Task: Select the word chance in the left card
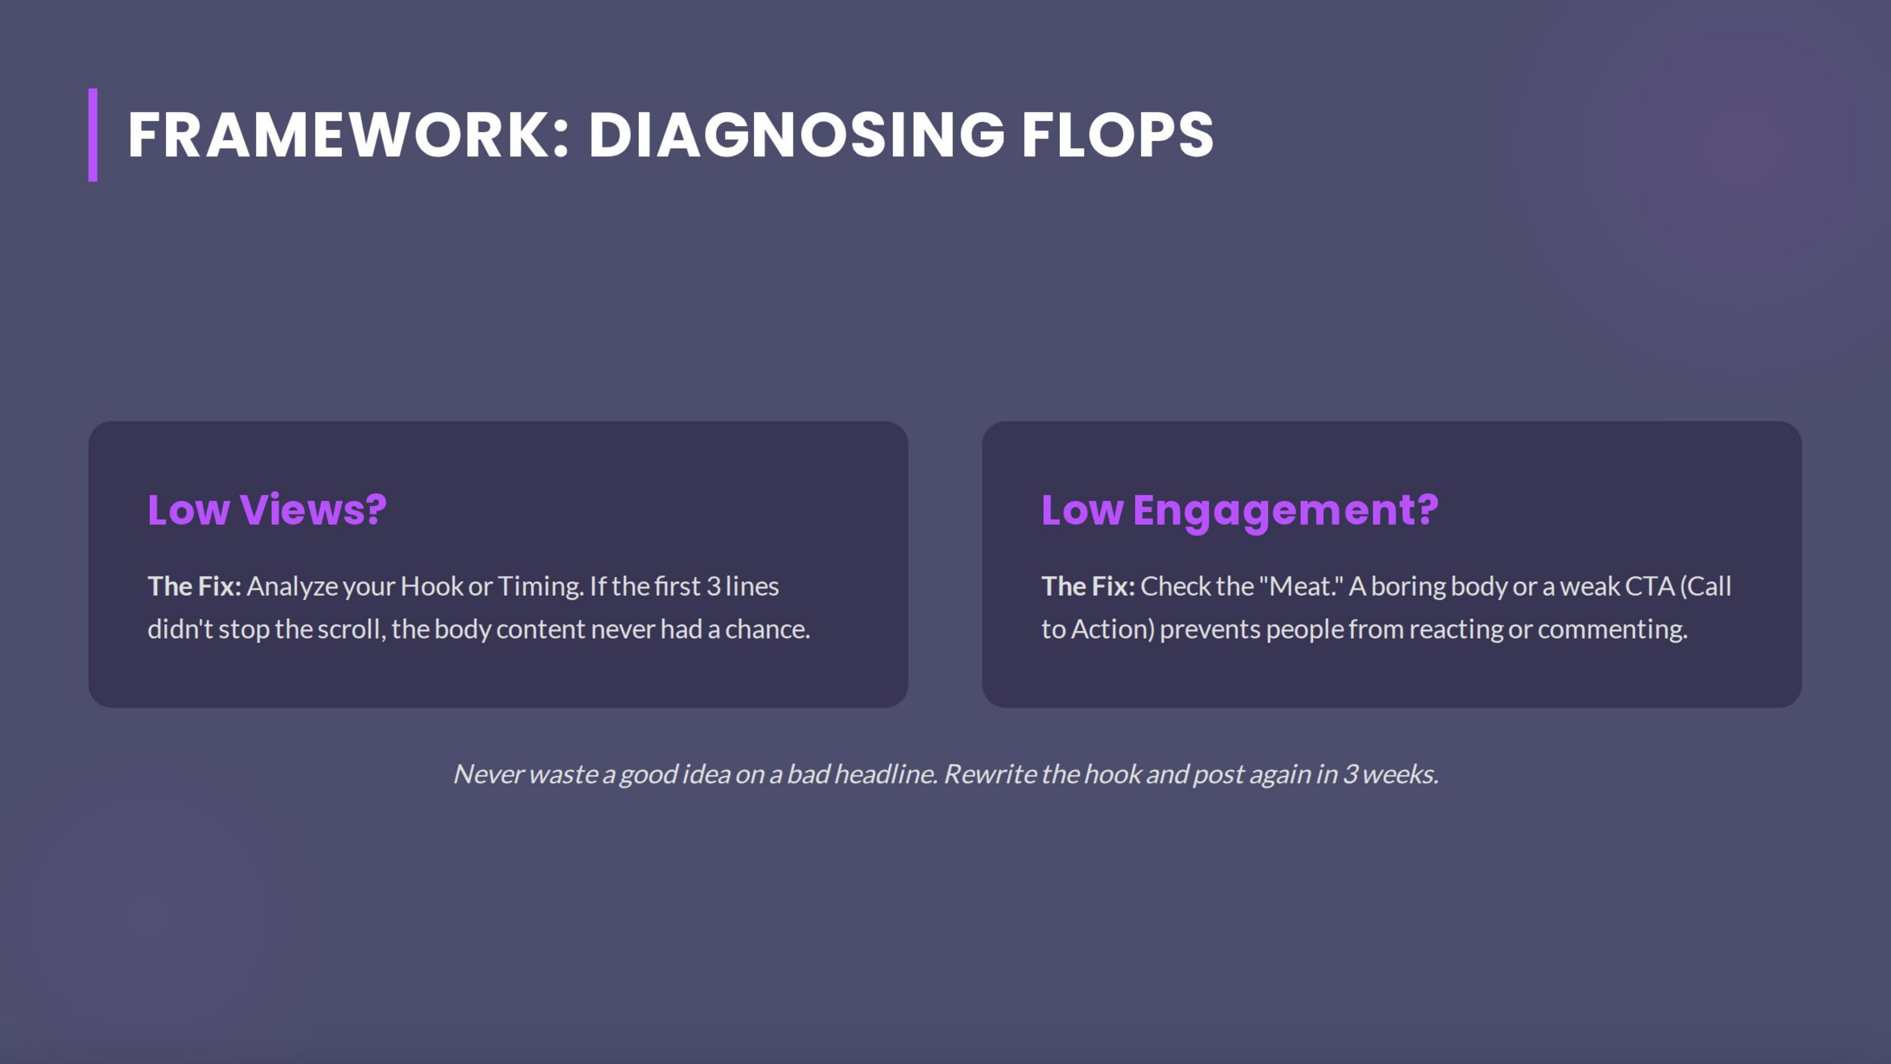tap(766, 629)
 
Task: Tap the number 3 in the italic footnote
tap(1349, 774)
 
